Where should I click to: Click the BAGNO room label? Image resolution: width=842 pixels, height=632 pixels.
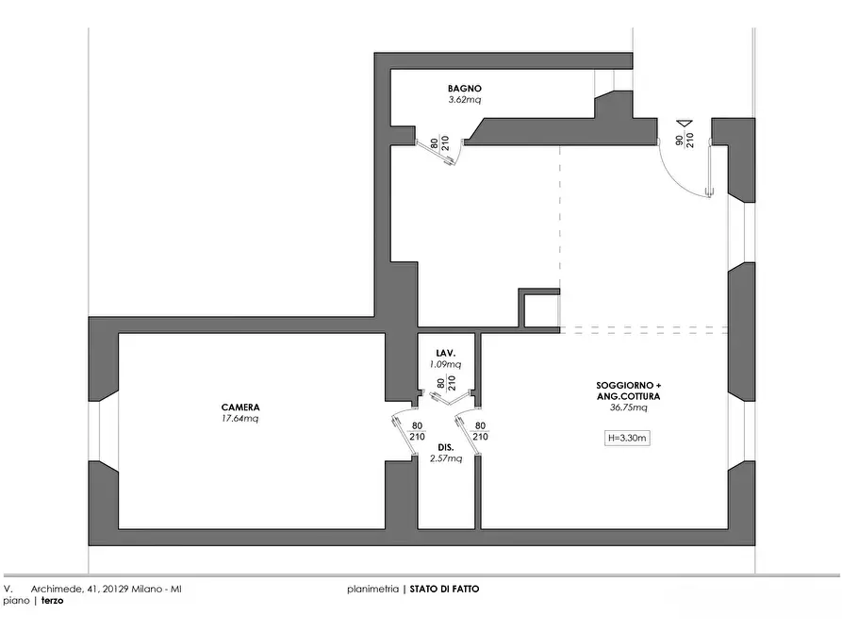click(465, 89)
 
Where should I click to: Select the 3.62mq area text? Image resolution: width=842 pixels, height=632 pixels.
click(465, 99)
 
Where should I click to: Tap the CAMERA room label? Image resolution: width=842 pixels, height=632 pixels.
click(240, 407)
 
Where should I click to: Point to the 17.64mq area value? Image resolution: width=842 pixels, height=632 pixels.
click(240, 418)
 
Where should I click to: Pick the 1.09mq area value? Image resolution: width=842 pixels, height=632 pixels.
click(445, 364)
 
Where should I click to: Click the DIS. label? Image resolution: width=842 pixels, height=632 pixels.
click(445, 447)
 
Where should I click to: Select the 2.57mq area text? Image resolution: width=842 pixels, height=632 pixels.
click(445, 458)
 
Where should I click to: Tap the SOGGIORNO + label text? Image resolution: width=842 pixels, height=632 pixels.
click(628, 387)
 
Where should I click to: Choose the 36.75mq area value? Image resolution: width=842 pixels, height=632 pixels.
click(628, 408)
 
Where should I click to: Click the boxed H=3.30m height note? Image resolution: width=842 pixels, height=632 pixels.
click(628, 438)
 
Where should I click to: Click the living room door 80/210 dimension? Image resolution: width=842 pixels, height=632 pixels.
click(480, 431)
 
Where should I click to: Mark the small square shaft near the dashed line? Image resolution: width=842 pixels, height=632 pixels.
click(539, 308)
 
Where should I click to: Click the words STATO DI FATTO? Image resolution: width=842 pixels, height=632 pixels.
click(444, 589)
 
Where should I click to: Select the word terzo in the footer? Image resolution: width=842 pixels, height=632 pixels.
click(52, 600)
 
